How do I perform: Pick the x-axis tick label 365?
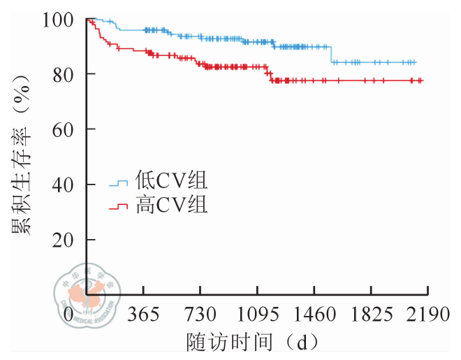[x=143, y=315]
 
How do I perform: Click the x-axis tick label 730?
[x=200, y=315]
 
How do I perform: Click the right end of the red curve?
[x=422, y=81]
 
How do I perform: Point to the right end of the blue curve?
[x=416, y=62]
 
